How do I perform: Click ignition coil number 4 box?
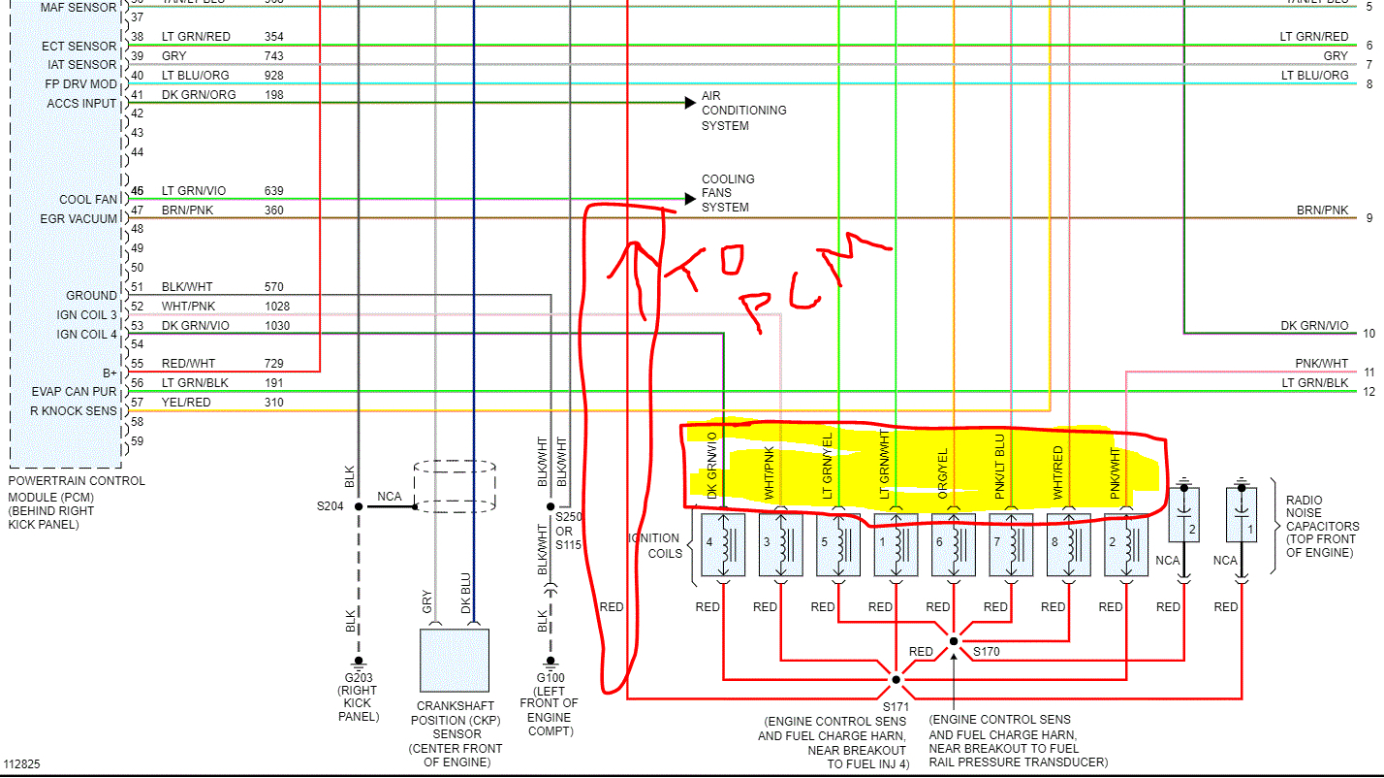(722, 544)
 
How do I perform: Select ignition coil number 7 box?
(1011, 544)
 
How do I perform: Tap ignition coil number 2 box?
(1126, 544)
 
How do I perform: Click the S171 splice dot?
(896, 679)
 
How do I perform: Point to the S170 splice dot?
(954, 641)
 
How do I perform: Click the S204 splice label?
(330, 506)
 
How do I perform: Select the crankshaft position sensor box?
(454, 660)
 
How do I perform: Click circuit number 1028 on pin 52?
(277, 307)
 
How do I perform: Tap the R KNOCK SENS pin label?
(73, 411)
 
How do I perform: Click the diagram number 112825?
(22, 764)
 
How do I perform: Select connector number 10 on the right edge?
(1368, 334)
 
